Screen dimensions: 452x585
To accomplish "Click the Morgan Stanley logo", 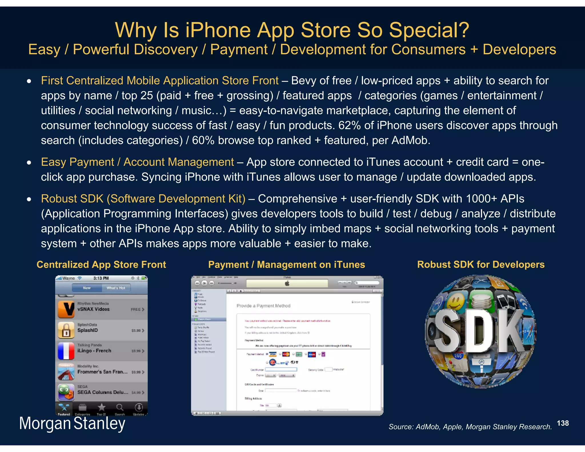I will [x=72, y=423].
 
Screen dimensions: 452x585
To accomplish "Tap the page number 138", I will [x=562, y=423].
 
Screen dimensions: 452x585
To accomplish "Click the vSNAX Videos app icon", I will [x=66, y=309].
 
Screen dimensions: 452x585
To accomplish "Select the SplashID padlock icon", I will [x=66, y=330].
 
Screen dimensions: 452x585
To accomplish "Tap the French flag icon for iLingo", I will [x=66, y=351].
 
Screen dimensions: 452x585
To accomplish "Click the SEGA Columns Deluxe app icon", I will [x=66, y=392].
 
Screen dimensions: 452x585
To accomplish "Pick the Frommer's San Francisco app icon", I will [x=66, y=372].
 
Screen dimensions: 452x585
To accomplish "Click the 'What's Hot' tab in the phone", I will [x=116, y=288].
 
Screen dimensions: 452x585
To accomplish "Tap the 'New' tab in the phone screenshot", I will [x=87, y=288].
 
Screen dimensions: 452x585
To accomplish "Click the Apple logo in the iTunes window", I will [x=287, y=283].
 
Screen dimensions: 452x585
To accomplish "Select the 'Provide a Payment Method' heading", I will [x=263, y=306].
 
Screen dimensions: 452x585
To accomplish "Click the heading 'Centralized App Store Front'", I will [x=101, y=265].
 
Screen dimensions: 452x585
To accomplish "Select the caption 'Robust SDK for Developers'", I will [x=481, y=265].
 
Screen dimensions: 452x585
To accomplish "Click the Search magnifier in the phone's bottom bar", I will [x=120, y=408].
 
